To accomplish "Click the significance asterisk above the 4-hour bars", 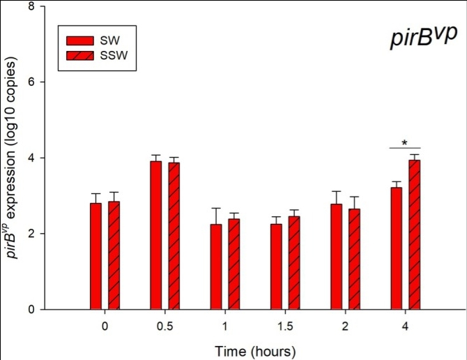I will [x=404, y=143].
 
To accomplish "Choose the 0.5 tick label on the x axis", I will [x=164, y=325].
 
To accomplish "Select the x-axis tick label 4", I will [x=406, y=325].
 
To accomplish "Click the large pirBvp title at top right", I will [x=422, y=38].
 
